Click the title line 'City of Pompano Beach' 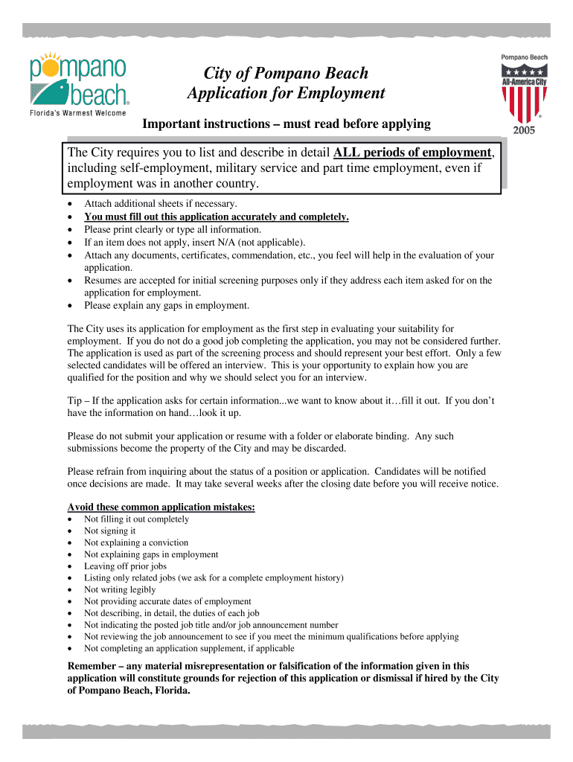(286, 73)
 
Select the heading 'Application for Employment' (286, 94)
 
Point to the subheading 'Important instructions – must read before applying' (286, 123)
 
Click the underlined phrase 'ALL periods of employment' (412, 153)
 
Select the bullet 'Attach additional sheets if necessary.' (160, 204)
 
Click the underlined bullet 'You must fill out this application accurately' (216, 217)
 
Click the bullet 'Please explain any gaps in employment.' (167, 305)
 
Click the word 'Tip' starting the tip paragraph (75, 400)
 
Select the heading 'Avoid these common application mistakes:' (161, 507)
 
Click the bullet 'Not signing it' (110, 531)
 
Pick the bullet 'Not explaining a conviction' (136, 543)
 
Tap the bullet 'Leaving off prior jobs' (125, 566)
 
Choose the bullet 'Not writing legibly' (120, 590)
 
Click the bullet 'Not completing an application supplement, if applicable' (189, 649)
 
